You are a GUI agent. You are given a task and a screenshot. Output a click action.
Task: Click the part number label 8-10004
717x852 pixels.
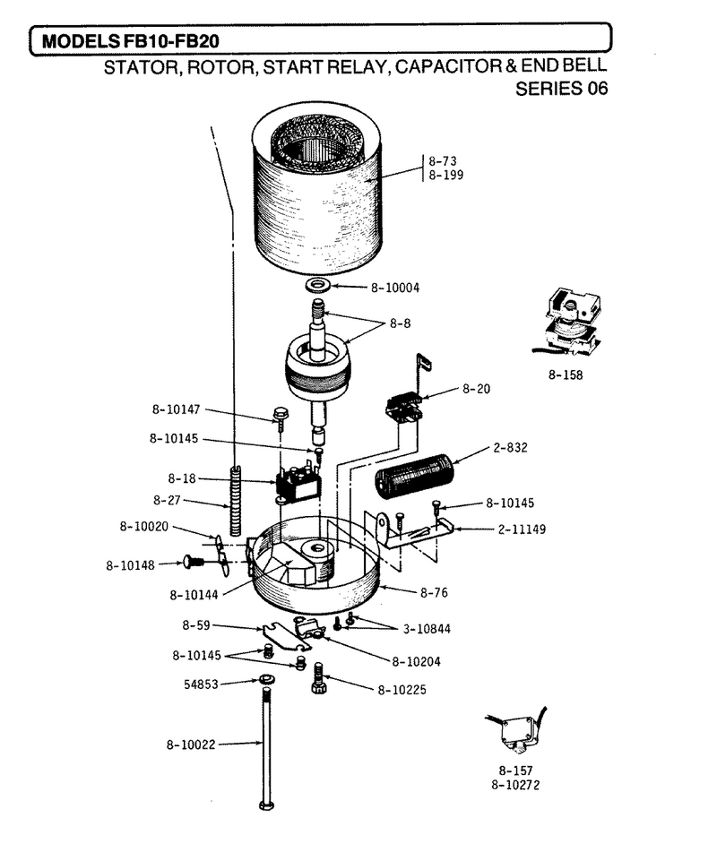(x=395, y=288)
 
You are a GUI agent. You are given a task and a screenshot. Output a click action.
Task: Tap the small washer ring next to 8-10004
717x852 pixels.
(x=318, y=285)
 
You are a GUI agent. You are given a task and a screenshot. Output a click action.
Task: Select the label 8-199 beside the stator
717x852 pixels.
(x=445, y=175)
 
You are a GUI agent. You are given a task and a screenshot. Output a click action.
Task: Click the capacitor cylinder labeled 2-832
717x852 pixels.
(x=414, y=477)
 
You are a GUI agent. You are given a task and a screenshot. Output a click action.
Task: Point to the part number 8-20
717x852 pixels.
(x=476, y=389)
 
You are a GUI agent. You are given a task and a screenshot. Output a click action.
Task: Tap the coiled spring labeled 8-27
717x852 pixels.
(x=236, y=499)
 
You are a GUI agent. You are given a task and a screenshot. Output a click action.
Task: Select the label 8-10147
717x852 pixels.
(x=176, y=409)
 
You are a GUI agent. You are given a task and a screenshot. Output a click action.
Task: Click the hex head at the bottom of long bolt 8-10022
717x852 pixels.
(x=266, y=805)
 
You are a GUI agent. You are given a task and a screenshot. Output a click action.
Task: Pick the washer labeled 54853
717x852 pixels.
(x=266, y=679)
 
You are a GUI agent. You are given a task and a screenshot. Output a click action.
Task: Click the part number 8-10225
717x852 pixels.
(x=402, y=690)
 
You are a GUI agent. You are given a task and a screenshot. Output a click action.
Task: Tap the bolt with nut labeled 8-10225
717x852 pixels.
(x=318, y=679)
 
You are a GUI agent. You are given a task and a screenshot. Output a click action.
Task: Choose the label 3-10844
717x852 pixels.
(x=427, y=629)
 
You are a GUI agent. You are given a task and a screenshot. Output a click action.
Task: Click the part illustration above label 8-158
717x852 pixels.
(x=567, y=322)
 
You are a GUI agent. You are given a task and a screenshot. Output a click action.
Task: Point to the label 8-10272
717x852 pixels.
(x=515, y=785)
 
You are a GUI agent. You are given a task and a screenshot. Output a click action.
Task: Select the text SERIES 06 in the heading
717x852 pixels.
(x=562, y=88)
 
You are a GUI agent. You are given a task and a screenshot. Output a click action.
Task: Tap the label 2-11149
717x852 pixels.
(x=522, y=529)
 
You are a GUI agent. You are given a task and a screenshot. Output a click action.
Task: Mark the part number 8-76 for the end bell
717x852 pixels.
(x=434, y=592)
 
